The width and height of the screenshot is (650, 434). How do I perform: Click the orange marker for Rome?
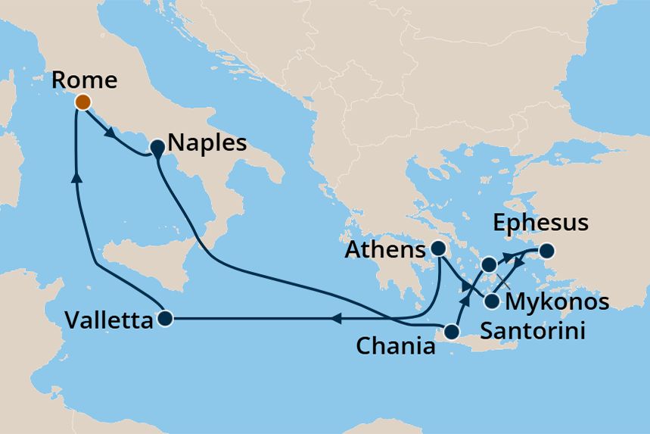click(x=82, y=101)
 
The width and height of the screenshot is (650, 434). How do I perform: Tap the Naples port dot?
click(x=157, y=148)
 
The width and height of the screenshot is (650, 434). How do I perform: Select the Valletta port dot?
click(x=166, y=319)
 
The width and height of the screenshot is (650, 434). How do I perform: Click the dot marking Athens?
click(x=437, y=248)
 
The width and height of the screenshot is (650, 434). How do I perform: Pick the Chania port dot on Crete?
click(x=453, y=332)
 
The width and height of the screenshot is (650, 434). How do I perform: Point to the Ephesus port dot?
click(x=546, y=250)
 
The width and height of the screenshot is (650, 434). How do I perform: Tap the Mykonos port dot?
click(x=489, y=264)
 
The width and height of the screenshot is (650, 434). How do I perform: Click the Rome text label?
click(x=84, y=80)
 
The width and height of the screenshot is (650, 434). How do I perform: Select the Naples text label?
click(x=207, y=142)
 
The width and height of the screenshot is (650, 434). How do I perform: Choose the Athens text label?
click(x=386, y=250)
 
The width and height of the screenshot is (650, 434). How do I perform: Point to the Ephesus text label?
click(x=540, y=223)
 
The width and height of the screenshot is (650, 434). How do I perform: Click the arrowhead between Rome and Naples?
click(x=109, y=132)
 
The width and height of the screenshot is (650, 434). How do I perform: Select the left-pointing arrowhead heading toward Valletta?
click(x=336, y=319)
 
